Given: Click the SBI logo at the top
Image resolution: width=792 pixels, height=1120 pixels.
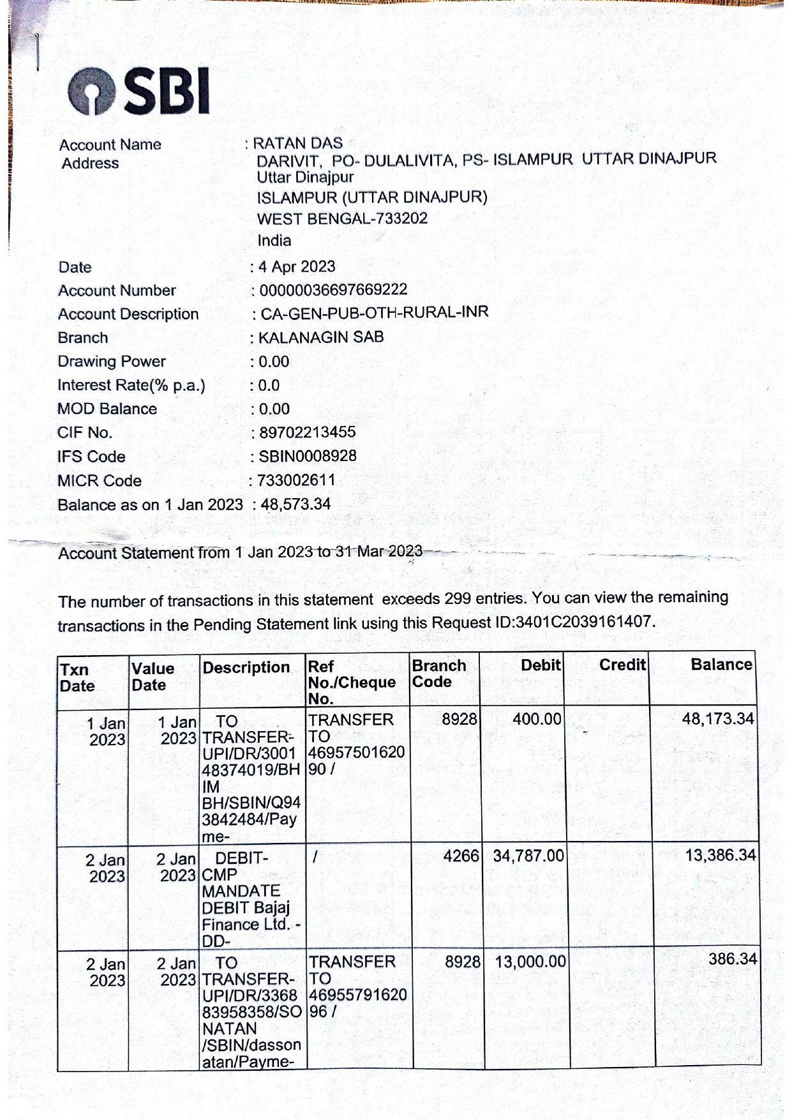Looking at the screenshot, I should pos(139,91).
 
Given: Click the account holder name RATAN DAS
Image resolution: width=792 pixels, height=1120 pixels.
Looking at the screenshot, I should pos(297,143).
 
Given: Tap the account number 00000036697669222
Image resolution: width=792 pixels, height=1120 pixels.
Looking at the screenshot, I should pos(332,290).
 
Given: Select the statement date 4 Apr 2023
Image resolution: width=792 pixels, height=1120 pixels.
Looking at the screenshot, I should pos(297,266).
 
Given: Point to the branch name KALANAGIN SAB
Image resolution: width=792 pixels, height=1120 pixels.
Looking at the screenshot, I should pos(320,337).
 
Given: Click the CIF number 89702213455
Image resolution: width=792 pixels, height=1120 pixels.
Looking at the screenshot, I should pos(307,432).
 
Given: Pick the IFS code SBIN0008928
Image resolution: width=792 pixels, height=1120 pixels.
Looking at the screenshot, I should pos(307,456).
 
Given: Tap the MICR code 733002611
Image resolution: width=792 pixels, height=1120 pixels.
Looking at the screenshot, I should pos(296,480).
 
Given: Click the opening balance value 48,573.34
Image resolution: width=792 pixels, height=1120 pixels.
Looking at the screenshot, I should pos(295,504).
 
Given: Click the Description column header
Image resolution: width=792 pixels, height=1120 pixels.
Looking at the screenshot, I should pos(246,668).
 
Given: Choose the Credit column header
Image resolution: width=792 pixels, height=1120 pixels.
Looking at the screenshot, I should pos(622,665).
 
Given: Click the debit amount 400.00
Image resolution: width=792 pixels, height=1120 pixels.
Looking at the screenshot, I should pos(537,720).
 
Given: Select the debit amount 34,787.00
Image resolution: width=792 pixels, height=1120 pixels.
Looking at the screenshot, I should pos(528,856).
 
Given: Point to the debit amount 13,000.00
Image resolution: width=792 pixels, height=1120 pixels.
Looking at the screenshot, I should pos(530,962).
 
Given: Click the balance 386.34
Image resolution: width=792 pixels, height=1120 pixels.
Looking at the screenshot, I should pos(733,959).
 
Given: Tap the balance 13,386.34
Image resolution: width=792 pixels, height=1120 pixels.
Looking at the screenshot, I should pos(721,855).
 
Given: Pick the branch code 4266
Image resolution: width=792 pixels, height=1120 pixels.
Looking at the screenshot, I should pos(461,856).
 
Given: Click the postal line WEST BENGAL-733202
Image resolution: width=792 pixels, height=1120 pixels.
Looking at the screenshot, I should pos(342,218).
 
